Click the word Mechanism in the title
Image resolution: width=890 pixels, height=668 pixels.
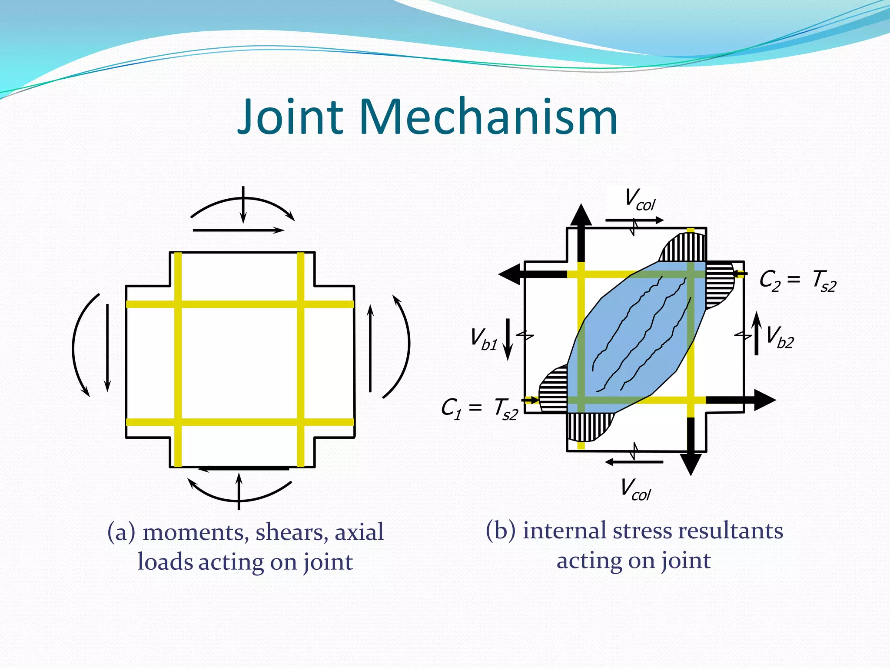(x=488, y=117)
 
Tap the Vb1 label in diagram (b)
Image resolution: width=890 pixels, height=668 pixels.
(x=484, y=339)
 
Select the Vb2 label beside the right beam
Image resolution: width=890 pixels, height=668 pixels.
(x=779, y=337)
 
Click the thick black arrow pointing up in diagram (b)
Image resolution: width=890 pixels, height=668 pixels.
(x=581, y=230)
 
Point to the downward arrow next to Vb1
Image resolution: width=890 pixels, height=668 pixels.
(x=508, y=339)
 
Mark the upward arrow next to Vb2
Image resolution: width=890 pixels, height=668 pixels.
(x=757, y=333)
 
